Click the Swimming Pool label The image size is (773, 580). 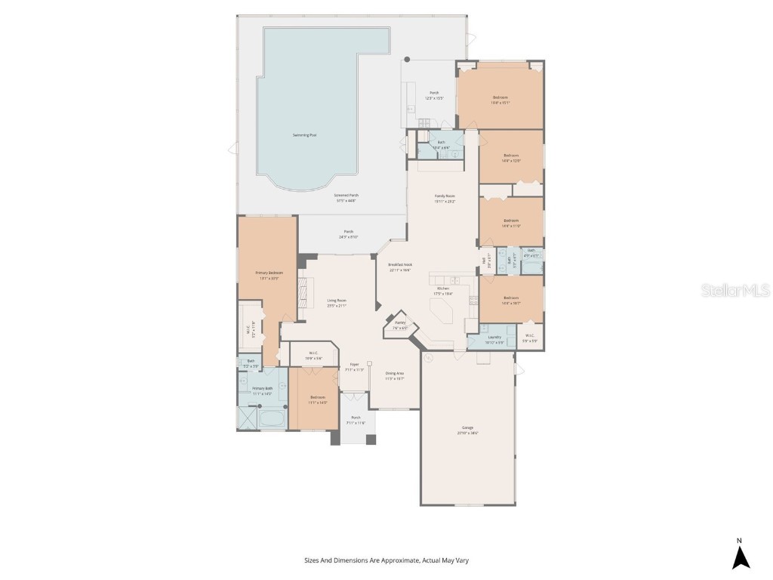point(305,135)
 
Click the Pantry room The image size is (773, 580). point(399,324)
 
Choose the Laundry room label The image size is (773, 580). point(494,337)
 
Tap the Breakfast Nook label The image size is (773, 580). point(399,264)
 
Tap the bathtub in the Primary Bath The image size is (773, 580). point(271,417)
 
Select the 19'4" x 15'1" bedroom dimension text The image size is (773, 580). point(500,103)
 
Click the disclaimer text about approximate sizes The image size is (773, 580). point(386,560)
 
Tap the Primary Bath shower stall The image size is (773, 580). point(247,418)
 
